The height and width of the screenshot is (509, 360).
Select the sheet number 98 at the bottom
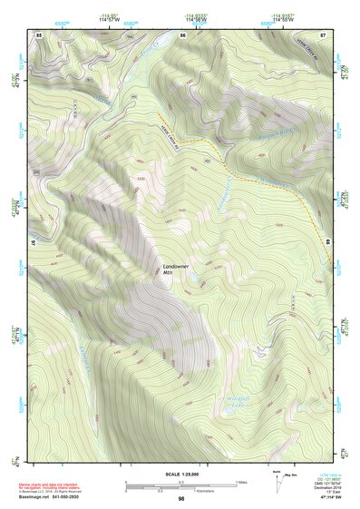181,499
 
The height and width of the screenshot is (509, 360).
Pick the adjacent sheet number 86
182,34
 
